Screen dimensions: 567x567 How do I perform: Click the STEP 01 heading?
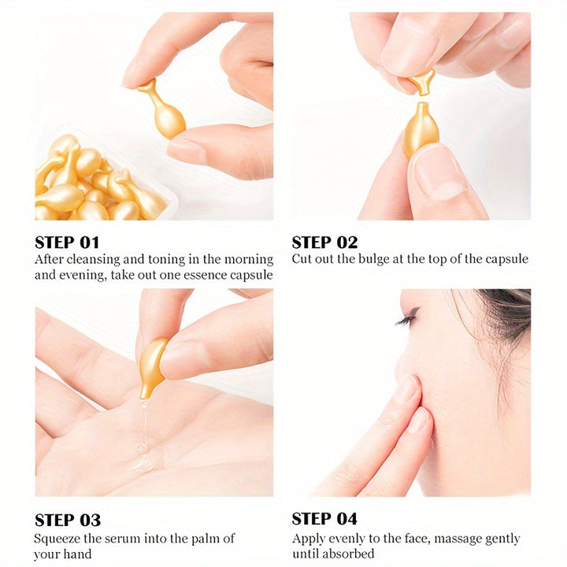[x=67, y=243]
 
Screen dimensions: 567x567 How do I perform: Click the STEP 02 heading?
[x=324, y=243]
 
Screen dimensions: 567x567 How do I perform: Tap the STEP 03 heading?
[x=68, y=520]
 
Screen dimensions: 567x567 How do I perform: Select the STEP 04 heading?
[x=324, y=519]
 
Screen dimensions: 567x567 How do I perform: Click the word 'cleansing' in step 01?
[x=93, y=260]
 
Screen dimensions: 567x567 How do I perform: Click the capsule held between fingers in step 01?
[x=161, y=109]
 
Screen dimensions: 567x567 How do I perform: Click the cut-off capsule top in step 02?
[x=421, y=82]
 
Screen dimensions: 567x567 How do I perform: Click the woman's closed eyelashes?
[x=406, y=319]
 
